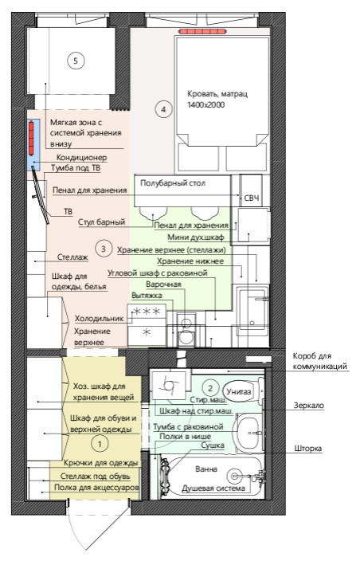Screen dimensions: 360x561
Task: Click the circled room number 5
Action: pyautogui.click(x=76, y=61)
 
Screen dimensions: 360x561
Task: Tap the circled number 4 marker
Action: pyautogui.click(x=163, y=108)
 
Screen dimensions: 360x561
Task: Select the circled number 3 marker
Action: pyautogui.click(x=104, y=249)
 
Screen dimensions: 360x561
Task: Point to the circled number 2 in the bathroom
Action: pyautogui.click(x=210, y=388)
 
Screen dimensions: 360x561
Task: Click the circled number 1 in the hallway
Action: pyautogui.click(x=100, y=444)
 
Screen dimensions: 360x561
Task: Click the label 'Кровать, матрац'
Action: pyautogui.click(x=217, y=94)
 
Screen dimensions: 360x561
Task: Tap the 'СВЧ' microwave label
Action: pyautogui.click(x=252, y=198)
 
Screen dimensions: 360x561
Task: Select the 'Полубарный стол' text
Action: pyautogui.click(x=173, y=183)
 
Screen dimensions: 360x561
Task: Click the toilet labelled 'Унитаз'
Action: pyautogui.click(x=243, y=391)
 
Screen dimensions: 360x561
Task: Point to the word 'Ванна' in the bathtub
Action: pyautogui.click(x=206, y=469)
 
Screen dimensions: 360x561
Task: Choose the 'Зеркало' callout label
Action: pyautogui.click(x=308, y=406)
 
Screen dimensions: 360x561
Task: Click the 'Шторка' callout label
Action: pyautogui.click(x=307, y=449)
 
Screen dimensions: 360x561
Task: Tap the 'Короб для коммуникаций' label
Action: pyautogui.click(x=320, y=361)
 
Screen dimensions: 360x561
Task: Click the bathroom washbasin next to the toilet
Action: pyautogui.click(x=248, y=432)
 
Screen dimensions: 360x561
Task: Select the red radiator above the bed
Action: pyautogui.click(x=202, y=32)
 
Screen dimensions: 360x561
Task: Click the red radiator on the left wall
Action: pyautogui.click(x=32, y=139)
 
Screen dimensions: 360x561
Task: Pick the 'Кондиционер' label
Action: pyautogui.click(x=81, y=158)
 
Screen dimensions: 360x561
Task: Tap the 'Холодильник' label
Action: pyautogui.click(x=99, y=319)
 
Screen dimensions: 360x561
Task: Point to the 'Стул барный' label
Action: pyautogui.click(x=101, y=222)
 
